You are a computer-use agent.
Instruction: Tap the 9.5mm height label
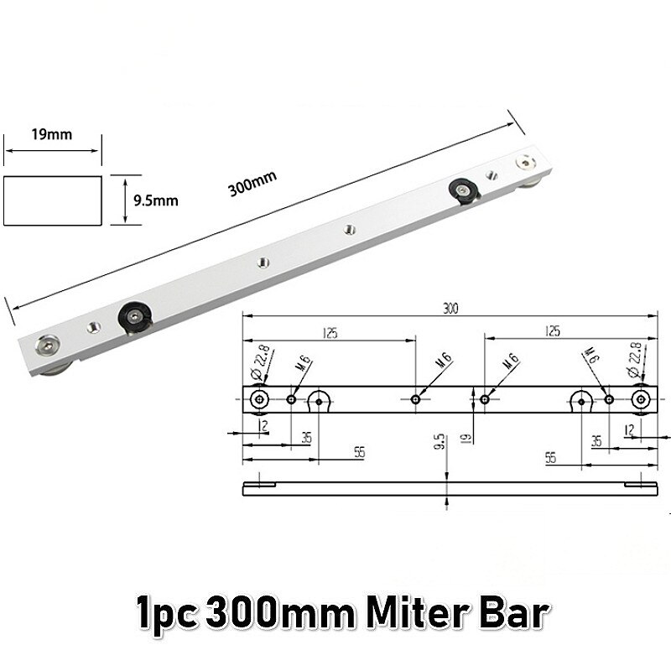click(x=156, y=200)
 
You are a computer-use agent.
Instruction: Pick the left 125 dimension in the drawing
click(x=328, y=333)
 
